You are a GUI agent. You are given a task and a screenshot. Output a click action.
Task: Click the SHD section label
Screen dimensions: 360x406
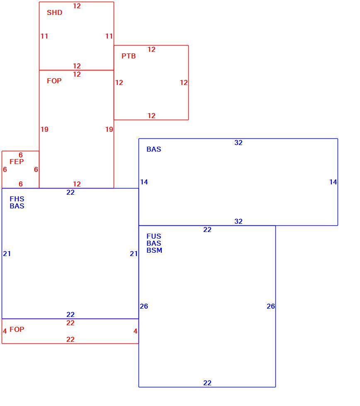[x=54, y=12]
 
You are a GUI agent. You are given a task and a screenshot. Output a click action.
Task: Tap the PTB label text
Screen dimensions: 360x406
[x=129, y=56]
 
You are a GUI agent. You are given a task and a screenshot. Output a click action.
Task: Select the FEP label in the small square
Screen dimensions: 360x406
[x=17, y=162]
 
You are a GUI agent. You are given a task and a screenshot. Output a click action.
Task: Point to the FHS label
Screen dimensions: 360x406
[x=17, y=199]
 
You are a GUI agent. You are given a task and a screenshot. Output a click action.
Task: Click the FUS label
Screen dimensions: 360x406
[x=154, y=236]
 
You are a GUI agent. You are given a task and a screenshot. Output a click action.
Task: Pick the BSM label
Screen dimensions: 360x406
[x=154, y=250]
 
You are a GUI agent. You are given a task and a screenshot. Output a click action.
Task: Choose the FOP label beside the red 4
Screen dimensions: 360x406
[x=17, y=329]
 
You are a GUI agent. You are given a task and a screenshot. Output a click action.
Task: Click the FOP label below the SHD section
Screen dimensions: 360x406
[x=54, y=81]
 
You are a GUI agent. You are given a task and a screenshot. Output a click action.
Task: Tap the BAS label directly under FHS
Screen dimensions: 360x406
[x=17, y=206]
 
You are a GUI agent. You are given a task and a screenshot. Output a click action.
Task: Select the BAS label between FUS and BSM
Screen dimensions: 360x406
[x=154, y=244]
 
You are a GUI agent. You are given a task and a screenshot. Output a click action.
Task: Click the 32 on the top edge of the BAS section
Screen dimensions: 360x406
[x=238, y=143]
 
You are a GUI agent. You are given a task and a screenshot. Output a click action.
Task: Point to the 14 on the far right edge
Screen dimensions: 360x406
[x=333, y=182]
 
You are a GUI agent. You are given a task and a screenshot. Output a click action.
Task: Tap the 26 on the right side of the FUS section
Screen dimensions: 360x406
[x=270, y=306]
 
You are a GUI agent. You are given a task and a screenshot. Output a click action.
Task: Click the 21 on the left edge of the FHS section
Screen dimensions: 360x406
[x=7, y=254]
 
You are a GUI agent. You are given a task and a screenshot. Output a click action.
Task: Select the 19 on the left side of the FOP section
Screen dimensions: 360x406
[x=44, y=129]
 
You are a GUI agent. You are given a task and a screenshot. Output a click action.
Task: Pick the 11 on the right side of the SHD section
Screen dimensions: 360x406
[x=109, y=36]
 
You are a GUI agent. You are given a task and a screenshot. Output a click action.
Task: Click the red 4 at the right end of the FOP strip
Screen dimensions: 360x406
[x=135, y=331]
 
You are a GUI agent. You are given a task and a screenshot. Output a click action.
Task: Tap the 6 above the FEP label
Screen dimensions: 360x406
[x=21, y=155]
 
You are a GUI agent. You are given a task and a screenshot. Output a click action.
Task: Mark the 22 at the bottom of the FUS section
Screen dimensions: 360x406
[x=207, y=383]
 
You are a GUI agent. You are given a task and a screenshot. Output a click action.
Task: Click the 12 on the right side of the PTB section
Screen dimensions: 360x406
[x=184, y=82]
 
